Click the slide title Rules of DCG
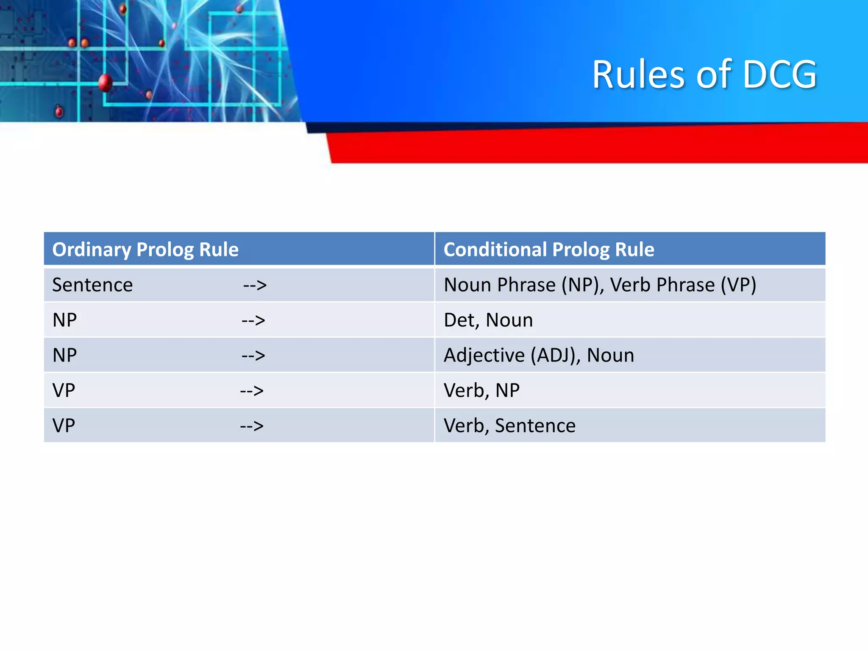(x=704, y=75)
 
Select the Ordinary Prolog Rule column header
(x=145, y=249)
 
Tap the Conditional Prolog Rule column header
(x=548, y=249)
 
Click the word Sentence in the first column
(x=92, y=285)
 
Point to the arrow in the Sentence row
(x=255, y=285)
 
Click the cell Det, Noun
(x=488, y=320)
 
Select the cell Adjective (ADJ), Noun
(x=538, y=355)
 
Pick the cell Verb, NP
(x=481, y=390)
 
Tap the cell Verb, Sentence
(x=509, y=426)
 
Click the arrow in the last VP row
(x=252, y=426)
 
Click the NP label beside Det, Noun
(x=64, y=320)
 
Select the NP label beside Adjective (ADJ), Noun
(x=64, y=355)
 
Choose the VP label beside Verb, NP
(x=64, y=390)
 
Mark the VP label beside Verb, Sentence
(x=64, y=426)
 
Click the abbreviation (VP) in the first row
(x=738, y=285)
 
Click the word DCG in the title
(x=779, y=75)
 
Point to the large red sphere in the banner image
(x=106, y=82)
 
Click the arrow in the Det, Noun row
(x=253, y=320)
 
